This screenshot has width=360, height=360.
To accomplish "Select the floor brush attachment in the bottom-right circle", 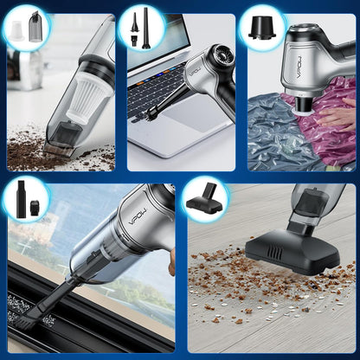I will [x=204, y=204].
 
